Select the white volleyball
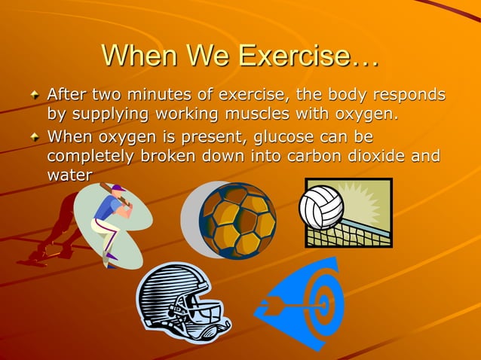[321, 206]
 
